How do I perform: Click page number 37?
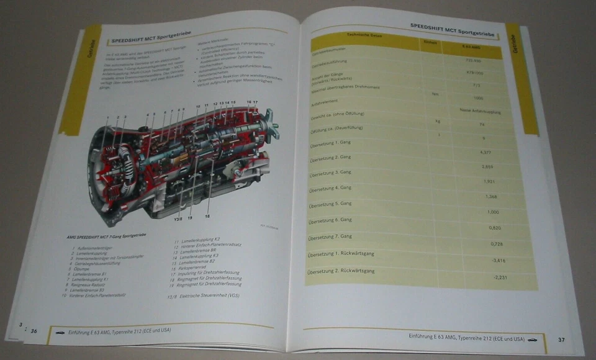click(561, 340)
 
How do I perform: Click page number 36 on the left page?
click(34, 331)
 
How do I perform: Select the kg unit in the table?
click(437, 122)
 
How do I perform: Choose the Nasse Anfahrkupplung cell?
click(477, 110)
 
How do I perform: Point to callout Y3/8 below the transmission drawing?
click(179, 218)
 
